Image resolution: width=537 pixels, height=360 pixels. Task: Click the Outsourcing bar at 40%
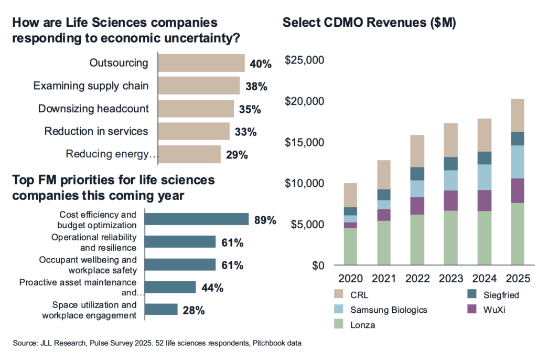point(201,63)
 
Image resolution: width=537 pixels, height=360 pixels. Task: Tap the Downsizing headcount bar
point(196,109)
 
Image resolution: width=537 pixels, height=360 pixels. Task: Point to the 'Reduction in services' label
point(96,131)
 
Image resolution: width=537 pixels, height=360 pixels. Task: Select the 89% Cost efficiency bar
point(196,219)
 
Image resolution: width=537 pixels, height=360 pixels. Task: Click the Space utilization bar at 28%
point(161,310)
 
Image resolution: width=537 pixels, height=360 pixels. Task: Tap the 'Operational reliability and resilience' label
point(94,242)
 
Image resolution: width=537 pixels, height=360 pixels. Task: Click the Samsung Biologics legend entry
point(389,310)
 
